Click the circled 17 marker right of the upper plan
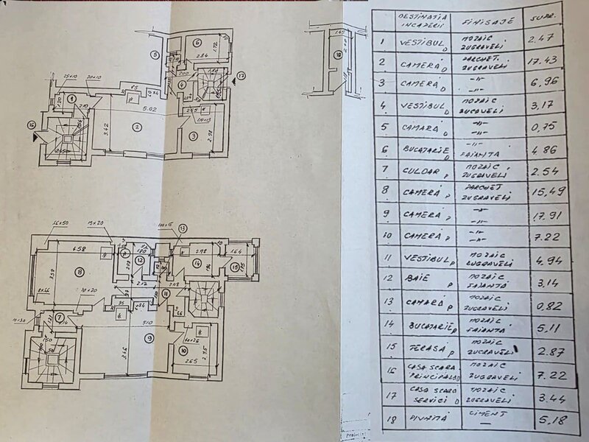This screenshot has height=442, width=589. [241, 75]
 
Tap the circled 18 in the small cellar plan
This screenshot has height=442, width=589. [337, 55]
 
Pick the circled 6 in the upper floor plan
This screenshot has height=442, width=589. [198, 42]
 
